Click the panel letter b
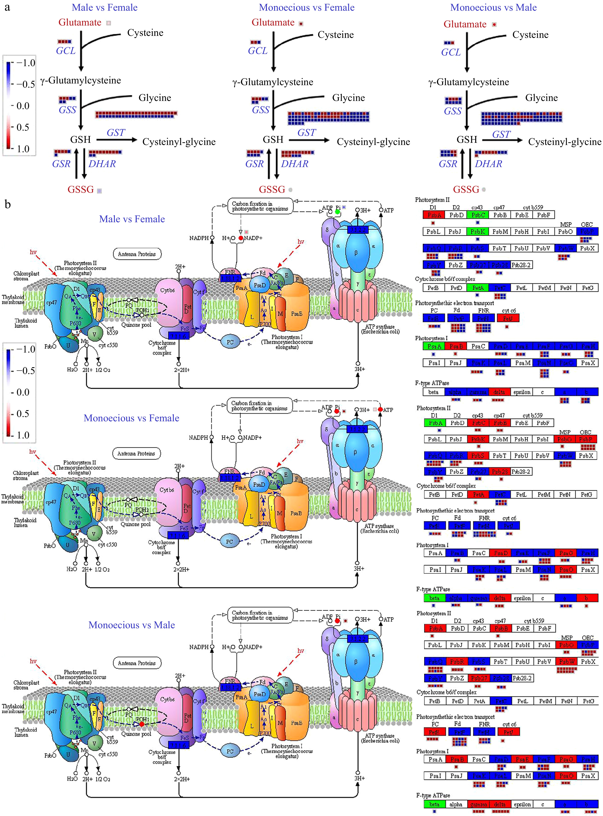[8, 204]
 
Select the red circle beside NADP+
[241, 238]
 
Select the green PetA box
[478, 288]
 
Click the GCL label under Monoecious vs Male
[451, 53]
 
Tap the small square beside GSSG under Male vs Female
[99, 191]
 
